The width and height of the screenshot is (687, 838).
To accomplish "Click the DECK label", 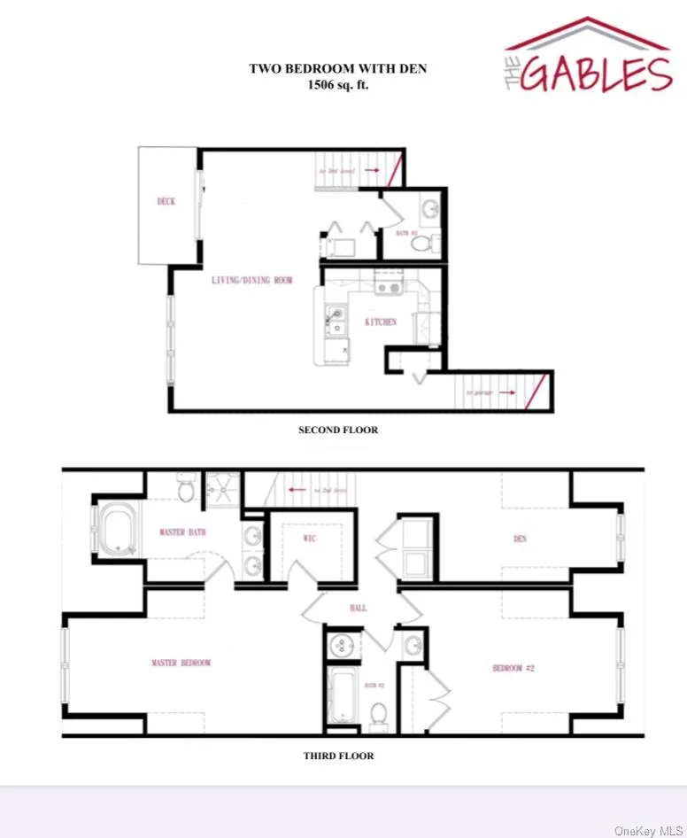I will (x=166, y=201).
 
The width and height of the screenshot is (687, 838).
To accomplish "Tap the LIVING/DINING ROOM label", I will (x=251, y=281).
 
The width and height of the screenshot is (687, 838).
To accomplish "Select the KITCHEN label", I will (x=381, y=322).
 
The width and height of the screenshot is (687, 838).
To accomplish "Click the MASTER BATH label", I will (x=183, y=532).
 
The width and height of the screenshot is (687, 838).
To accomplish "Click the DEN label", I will (x=520, y=539).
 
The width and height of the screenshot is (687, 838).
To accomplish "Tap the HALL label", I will (x=359, y=609).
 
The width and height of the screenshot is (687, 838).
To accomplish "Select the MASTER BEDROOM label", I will (x=181, y=663).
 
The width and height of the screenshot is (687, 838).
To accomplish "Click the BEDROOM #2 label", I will (x=513, y=668).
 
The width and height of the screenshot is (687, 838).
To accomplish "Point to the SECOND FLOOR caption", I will (x=338, y=431).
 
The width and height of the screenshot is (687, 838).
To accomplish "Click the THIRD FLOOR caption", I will (x=338, y=756).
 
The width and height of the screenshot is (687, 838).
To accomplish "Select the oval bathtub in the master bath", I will (x=115, y=531).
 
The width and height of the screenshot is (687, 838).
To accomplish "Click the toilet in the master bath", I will (x=187, y=487).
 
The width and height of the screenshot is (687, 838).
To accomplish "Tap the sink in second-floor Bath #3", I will (x=429, y=210).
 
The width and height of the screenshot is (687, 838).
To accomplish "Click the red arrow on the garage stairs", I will (x=506, y=390).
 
